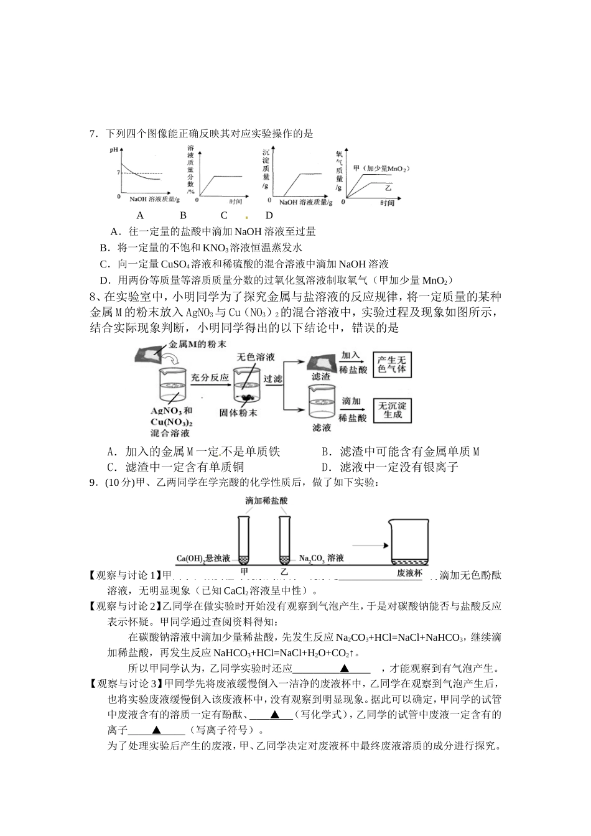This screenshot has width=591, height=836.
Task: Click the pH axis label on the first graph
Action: (114, 150)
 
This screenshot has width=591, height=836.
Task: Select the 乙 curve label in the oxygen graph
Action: (389, 187)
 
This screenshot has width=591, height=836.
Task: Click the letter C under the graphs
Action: (224, 216)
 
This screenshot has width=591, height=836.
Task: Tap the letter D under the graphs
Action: (269, 216)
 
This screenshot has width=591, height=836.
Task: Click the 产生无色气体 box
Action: (392, 365)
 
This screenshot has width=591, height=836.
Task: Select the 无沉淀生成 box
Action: (393, 410)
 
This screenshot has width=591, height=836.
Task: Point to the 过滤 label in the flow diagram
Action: (272, 379)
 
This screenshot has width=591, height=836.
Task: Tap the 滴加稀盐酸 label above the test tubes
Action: (266, 500)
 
